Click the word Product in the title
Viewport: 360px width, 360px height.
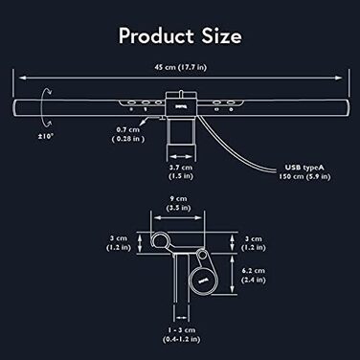(151, 36)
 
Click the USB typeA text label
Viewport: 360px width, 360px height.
(305, 166)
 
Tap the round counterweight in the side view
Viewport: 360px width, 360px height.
(202, 280)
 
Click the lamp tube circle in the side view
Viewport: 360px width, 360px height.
(158, 238)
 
